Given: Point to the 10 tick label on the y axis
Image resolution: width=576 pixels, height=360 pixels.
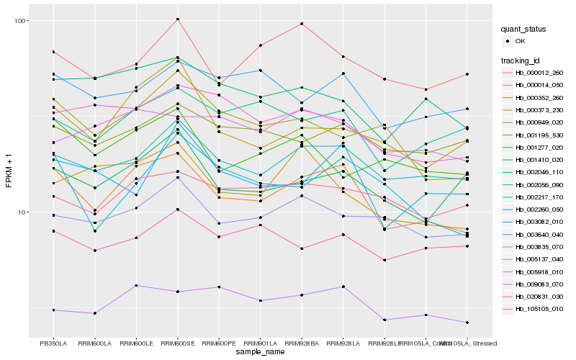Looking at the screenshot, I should [22, 212].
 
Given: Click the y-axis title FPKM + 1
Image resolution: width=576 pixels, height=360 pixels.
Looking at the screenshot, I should [9, 178].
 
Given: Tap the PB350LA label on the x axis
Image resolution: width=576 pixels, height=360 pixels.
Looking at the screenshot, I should [53, 343].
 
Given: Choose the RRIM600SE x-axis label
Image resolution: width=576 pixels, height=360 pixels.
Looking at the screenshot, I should [177, 343].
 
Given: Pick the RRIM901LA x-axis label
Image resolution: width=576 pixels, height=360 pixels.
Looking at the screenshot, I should [261, 343].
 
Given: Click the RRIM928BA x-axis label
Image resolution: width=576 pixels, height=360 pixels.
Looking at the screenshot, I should [302, 343].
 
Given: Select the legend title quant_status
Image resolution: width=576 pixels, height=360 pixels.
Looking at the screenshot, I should [526, 30].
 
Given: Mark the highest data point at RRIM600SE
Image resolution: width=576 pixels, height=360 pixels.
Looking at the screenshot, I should [177, 19].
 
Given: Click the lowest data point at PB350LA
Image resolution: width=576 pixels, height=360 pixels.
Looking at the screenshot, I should [53, 310].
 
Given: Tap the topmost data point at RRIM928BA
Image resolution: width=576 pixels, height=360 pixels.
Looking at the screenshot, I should [302, 24].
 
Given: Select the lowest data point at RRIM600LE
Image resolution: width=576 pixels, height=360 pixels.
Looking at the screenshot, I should [136, 286].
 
